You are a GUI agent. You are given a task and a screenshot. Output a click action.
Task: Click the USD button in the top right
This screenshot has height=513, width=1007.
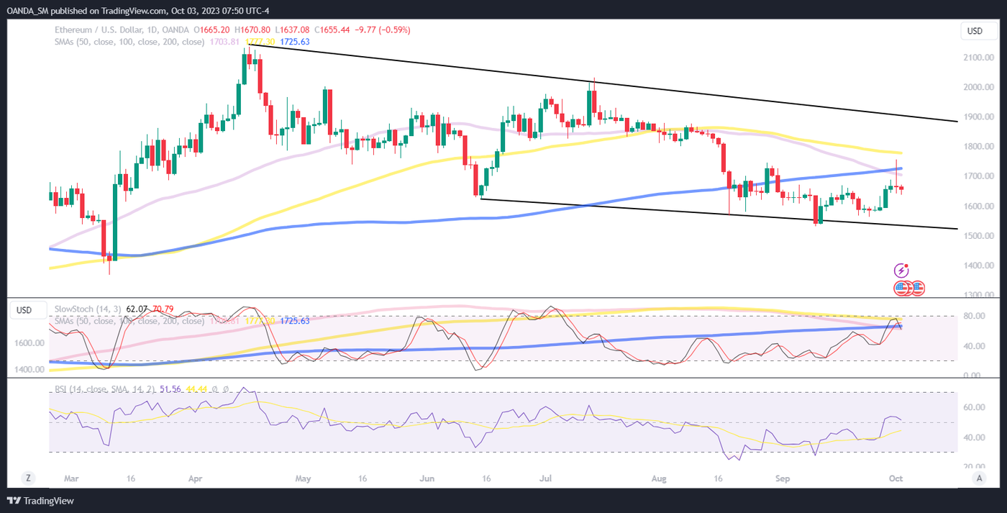tap(975, 31)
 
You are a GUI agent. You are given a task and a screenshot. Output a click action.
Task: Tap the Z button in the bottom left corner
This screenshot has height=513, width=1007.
tap(28, 478)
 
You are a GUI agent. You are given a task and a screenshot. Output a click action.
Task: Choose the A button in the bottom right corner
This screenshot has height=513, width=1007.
tap(978, 478)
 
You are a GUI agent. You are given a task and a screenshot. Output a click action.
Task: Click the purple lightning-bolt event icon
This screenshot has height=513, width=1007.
tap(901, 271)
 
